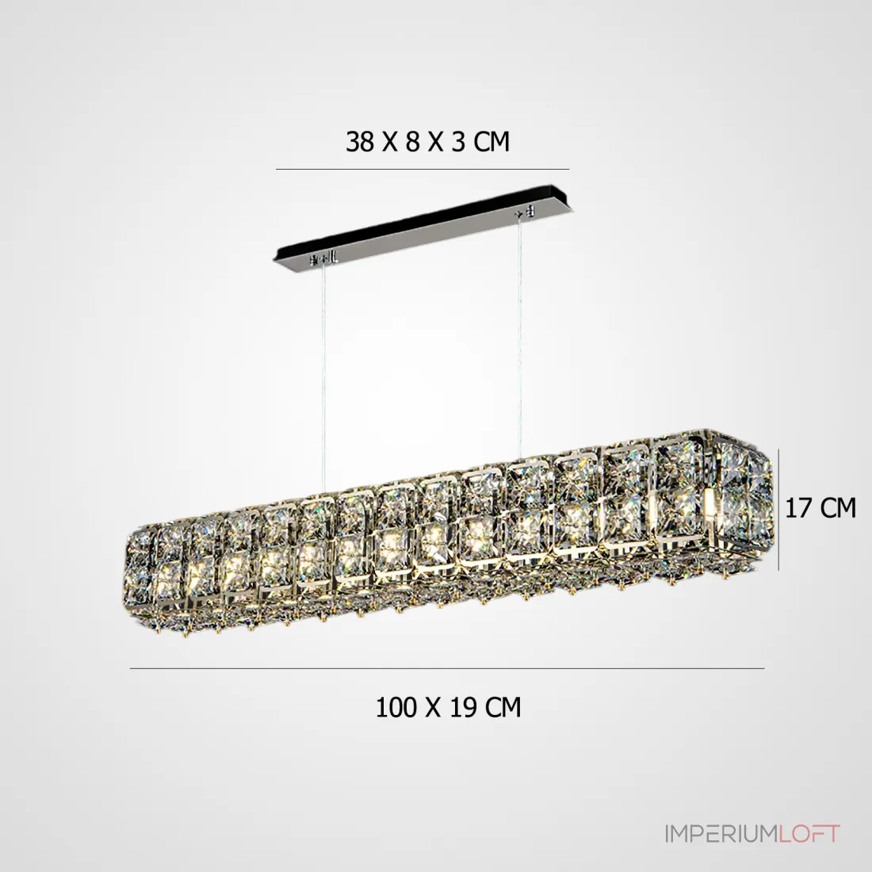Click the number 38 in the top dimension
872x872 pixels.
[360, 142]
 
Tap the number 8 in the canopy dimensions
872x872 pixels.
[412, 142]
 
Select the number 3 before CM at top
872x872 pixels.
[457, 142]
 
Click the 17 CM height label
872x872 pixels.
[820, 507]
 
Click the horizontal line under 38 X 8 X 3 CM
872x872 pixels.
[423, 169]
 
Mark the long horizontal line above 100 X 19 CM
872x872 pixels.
[447, 668]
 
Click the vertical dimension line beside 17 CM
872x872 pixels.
[778, 510]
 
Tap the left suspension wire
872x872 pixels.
[323, 378]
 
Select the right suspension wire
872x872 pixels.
[521, 334]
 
